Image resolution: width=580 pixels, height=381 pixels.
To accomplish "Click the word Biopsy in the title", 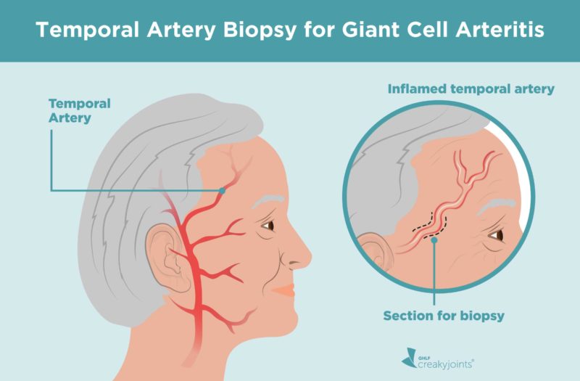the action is (260, 30).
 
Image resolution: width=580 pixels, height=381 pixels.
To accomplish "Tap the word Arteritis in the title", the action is (500, 29).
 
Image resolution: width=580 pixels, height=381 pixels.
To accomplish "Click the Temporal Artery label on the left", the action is (80, 111).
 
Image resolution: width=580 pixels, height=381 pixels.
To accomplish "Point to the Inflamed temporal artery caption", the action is (471, 89).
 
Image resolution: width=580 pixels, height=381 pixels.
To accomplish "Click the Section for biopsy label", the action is (444, 316).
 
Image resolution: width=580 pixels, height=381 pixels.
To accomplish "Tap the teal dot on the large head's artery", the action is (222, 191).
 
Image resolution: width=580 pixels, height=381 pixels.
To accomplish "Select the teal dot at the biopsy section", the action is (434, 240).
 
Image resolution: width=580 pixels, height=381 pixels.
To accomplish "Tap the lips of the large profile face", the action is (285, 290).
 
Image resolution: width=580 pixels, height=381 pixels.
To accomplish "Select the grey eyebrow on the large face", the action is (267, 201).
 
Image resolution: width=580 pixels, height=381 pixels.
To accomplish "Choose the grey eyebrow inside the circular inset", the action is (496, 207).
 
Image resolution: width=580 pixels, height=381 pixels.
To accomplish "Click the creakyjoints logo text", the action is (445, 364).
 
